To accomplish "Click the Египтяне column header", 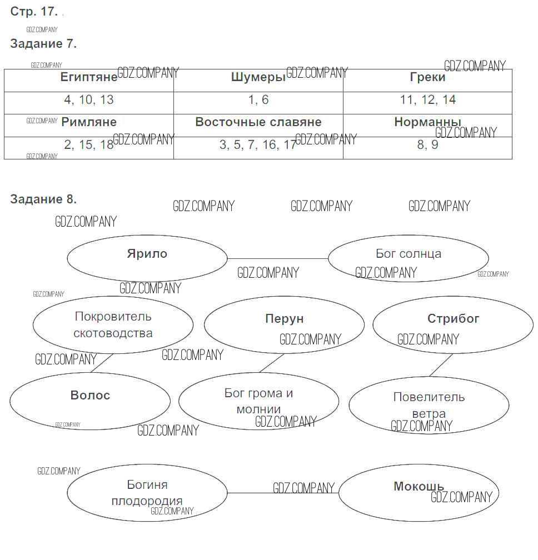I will [x=89, y=77].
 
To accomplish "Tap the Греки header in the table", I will [x=427, y=77].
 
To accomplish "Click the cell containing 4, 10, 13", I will [x=89, y=100].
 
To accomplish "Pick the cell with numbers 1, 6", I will [x=258, y=100].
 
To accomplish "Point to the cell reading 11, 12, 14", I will [x=427, y=100].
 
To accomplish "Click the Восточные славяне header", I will [x=258, y=122].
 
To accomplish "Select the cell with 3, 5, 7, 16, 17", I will [x=258, y=145].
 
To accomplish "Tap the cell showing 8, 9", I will [x=427, y=145].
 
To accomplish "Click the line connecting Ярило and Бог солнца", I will [x=278, y=258].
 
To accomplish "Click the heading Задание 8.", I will [x=43, y=199].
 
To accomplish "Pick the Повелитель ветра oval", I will [x=429, y=405].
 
